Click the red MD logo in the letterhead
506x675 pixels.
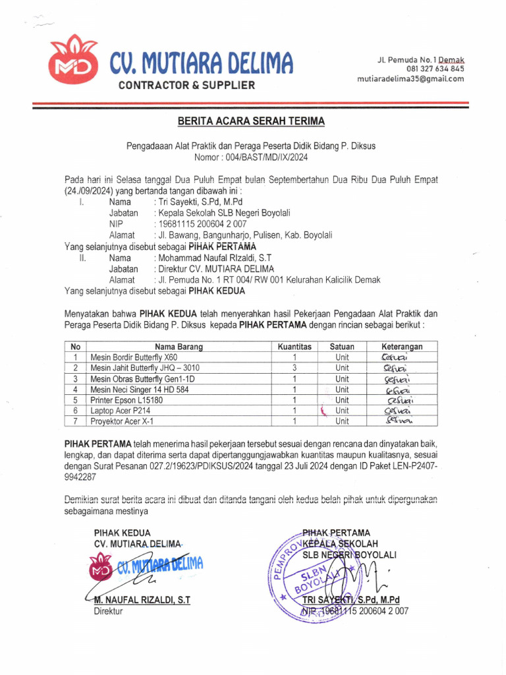pos(72,62)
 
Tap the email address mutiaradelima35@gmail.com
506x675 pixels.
pos(410,78)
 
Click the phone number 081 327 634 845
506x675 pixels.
pos(435,69)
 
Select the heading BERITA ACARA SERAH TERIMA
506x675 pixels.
pos(250,121)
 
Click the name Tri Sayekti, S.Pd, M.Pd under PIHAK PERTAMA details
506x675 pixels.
pos(200,202)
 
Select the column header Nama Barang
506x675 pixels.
pos(179,347)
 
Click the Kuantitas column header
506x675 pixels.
pos(295,347)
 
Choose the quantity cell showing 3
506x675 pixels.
pos(295,368)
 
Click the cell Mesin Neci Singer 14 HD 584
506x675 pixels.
pos(142,390)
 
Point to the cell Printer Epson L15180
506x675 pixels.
pos(126,400)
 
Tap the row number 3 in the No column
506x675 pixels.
pos(76,379)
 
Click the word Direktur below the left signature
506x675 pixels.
pos(108,611)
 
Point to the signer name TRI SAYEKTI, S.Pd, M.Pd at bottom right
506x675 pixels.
pos(351,601)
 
